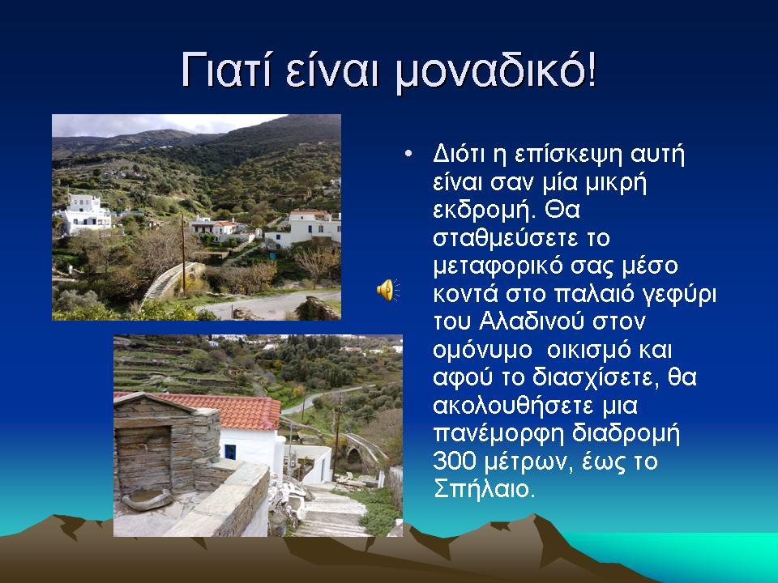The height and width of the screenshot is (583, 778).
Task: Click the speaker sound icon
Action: pyautogui.click(x=388, y=290)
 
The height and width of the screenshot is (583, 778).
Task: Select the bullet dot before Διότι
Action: pyautogui.click(x=408, y=154)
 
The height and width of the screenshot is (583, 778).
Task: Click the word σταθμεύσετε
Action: pyautogui.click(x=506, y=238)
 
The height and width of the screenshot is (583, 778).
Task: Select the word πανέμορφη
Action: pyautogui.click(x=498, y=434)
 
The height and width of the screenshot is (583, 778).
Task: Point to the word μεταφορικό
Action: pyautogui.click(x=498, y=266)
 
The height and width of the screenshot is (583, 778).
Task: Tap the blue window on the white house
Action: pyautogui.click(x=230, y=452)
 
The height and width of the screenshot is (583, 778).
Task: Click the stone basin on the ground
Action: pyautogui.click(x=147, y=500)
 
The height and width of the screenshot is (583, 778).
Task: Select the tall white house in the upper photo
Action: pyautogui.click(x=85, y=214)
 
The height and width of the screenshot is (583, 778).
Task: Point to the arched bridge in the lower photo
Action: pyautogui.click(x=361, y=449)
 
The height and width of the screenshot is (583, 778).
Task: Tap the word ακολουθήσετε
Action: pyautogui.click(x=513, y=406)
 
